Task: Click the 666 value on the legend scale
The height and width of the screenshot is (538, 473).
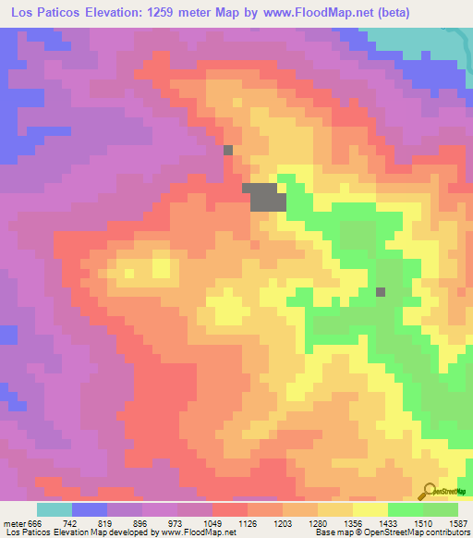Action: tap(34, 522)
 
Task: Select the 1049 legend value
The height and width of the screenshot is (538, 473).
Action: tap(212, 522)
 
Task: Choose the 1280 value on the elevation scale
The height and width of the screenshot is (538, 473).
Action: tap(318, 522)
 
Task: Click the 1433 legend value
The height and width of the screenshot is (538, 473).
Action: tap(388, 522)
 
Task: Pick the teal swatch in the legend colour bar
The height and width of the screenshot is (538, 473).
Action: tap(55, 509)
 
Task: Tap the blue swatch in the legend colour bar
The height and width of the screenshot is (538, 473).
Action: tap(90, 509)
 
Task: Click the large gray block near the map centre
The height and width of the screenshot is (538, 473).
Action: tap(265, 197)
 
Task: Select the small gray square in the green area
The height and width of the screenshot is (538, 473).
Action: tap(381, 292)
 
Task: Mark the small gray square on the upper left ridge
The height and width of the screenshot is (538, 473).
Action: tap(228, 149)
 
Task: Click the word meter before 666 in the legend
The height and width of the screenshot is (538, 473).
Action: tap(13, 522)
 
